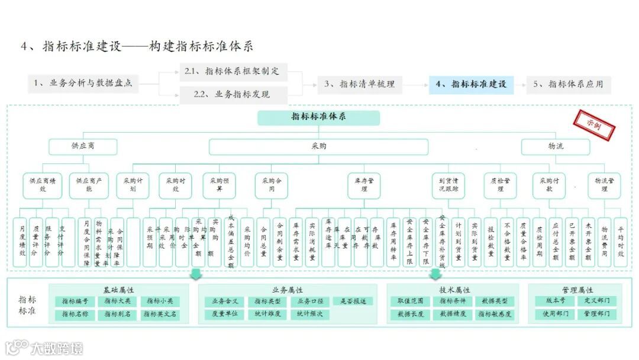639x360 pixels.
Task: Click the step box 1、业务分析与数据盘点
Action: [83, 83]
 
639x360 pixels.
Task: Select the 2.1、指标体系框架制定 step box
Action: [233, 72]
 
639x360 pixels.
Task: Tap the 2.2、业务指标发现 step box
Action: [233, 94]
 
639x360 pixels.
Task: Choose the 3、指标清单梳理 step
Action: [359, 84]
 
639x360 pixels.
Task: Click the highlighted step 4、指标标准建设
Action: [471, 84]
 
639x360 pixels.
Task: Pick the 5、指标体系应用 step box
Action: [568, 84]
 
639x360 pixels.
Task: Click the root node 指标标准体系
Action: [318, 117]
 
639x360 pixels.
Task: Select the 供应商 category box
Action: [83, 146]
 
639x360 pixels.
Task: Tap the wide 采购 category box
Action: [318, 146]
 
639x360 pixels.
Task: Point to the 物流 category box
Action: [555, 146]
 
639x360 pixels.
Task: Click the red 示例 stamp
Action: [593, 125]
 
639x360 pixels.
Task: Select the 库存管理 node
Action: [364, 185]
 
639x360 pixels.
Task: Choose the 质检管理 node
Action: [501, 185]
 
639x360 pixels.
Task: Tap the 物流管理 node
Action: [604, 185]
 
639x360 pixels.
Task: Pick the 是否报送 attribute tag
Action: [353, 301]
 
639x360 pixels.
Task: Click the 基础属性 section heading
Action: [118, 290]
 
